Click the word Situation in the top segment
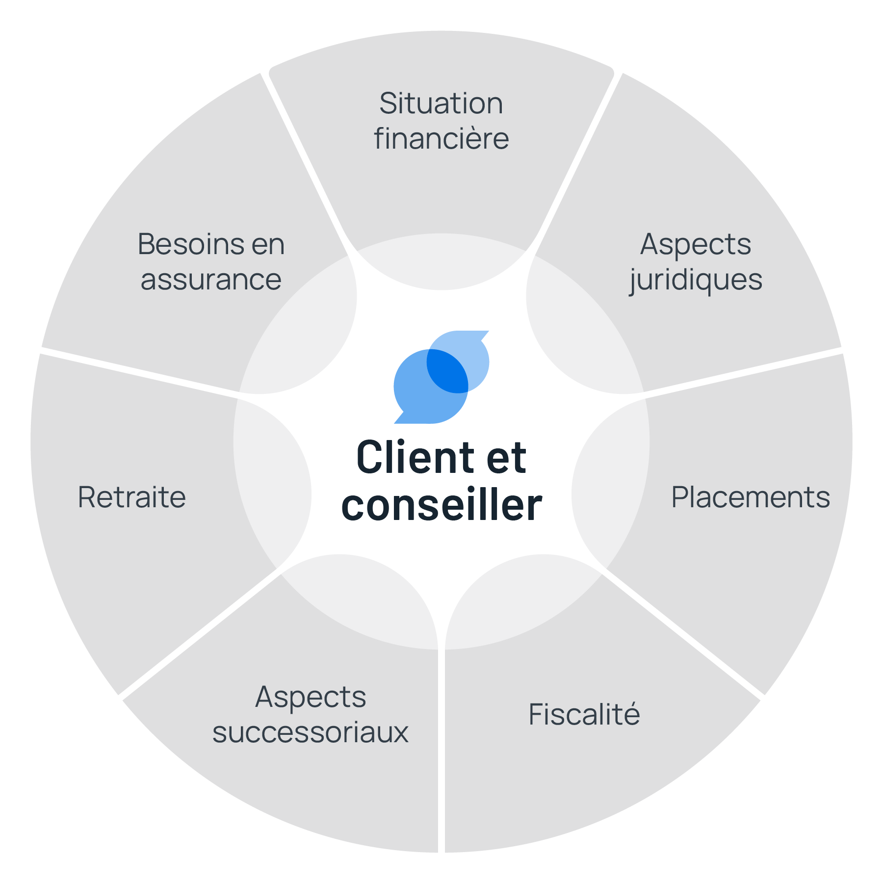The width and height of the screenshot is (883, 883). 441,104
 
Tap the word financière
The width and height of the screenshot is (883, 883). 441,139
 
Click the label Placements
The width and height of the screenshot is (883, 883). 750,497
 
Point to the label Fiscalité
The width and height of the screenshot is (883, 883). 584,714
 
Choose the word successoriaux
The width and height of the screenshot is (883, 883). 310,732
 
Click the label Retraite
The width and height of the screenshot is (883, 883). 132,497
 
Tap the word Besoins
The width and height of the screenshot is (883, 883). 190,244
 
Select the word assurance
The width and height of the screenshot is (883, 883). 211,280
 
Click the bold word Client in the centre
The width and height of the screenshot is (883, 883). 408,458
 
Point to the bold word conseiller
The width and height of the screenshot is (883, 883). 441,505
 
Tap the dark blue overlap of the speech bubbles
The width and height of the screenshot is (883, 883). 446,371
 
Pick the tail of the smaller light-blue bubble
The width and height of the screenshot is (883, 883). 483,336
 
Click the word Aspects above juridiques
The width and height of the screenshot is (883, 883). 696,244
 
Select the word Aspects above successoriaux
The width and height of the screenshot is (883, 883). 310,697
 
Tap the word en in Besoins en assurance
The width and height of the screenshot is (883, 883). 268,244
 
